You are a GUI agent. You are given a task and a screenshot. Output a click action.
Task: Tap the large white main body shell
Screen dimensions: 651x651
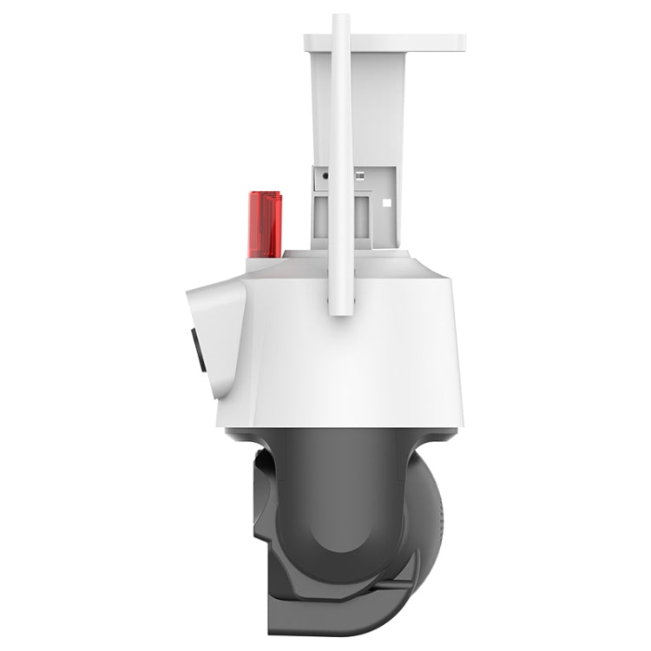[x=365, y=347]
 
